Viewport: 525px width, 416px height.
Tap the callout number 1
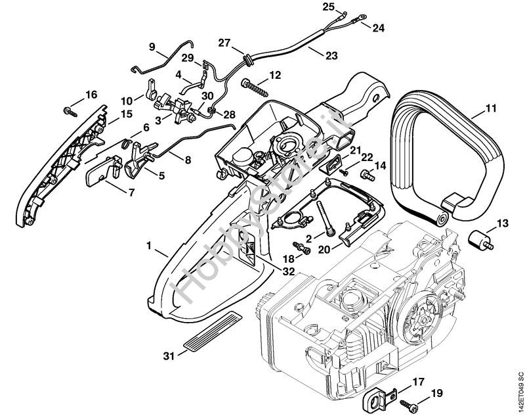(x=149, y=246)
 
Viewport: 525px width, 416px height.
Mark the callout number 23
(x=331, y=56)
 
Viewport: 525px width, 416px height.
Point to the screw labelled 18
(x=303, y=248)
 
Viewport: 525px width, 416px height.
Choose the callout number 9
(x=152, y=47)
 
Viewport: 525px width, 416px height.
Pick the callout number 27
(x=224, y=43)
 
